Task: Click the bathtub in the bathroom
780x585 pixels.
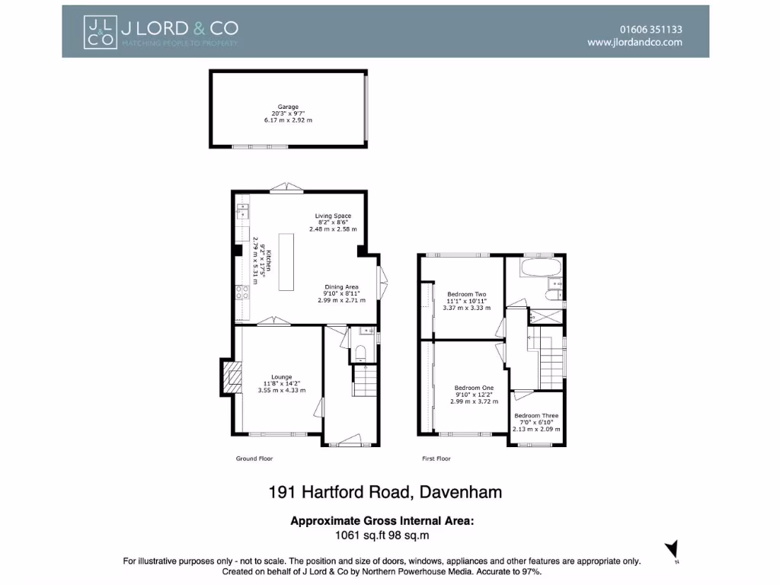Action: tap(540, 268)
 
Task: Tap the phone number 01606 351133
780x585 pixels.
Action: tap(651, 30)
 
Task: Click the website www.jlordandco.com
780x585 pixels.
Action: tap(635, 43)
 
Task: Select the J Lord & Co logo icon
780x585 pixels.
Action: tap(98, 31)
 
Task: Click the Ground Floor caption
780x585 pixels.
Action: tap(254, 459)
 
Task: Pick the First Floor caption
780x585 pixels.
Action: tap(436, 459)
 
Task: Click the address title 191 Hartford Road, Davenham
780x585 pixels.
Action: tap(385, 492)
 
